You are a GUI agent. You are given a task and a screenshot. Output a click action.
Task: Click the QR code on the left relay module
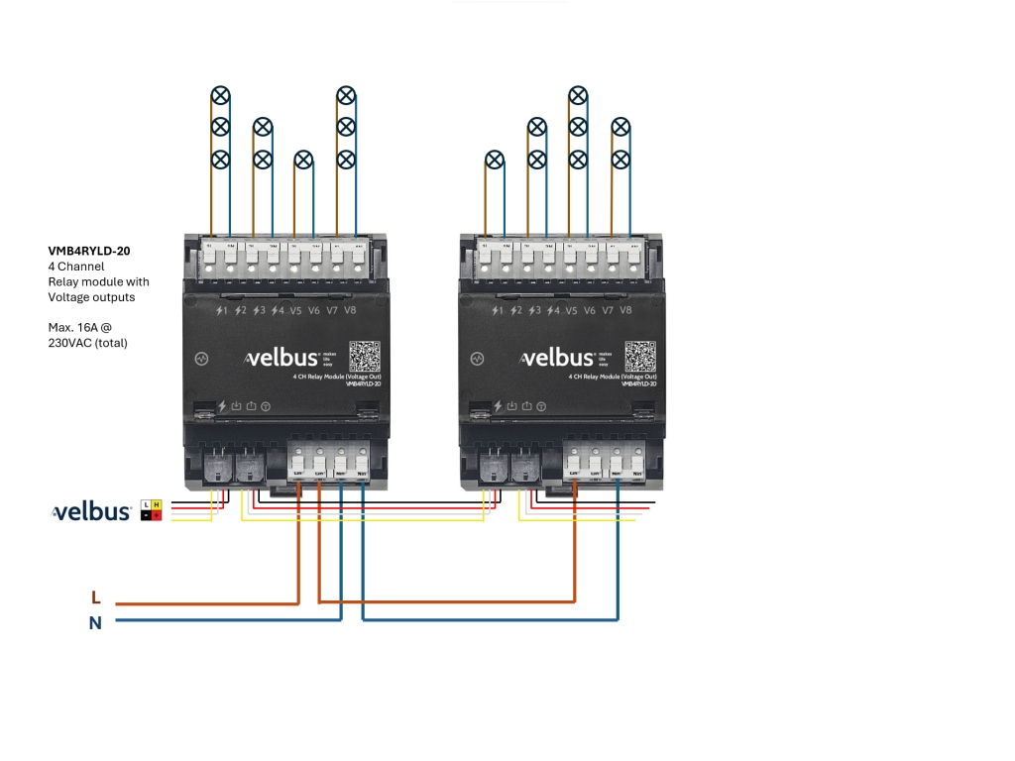click(x=365, y=357)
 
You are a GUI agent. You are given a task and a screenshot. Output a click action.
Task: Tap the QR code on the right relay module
click(x=640, y=357)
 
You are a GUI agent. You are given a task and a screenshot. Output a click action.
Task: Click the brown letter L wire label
click(x=96, y=598)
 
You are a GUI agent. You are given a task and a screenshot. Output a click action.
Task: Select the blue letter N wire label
click(x=96, y=623)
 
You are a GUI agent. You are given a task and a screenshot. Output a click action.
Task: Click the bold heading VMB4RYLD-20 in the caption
click(x=89, y=252)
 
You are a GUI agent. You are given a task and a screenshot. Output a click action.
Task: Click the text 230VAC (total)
click(x=88, y=343)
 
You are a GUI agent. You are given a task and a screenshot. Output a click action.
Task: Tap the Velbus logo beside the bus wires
click(x=91, y=512)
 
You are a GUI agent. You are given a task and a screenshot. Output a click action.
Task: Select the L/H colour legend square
click(x=151, y=510)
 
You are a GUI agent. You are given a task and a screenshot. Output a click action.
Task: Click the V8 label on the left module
click(x=350, y=310)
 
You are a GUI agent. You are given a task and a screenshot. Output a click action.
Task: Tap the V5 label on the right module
click(x=571, y=310)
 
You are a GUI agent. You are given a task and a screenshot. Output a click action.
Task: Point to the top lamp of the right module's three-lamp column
click(x=579, y=95)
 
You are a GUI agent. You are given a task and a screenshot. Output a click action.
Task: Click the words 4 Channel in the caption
click(x=76, y=267)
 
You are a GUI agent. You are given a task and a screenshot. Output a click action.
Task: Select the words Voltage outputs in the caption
click(x=91, y=296)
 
